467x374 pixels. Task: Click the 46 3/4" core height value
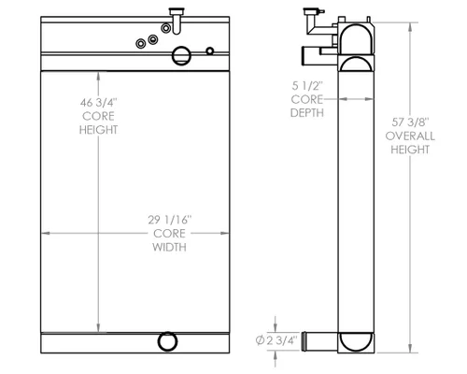(98, 102)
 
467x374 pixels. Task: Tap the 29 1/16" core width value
(169, 220)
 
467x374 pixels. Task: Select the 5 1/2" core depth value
(307, 86)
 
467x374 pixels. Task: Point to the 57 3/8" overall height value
(410, 122)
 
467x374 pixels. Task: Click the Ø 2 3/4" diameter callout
(276, 340)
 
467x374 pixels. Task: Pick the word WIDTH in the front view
(169, 247)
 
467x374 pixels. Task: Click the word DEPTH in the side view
(307, 112)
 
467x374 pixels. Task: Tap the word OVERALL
(410, 136)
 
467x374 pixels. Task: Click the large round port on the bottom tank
(167, 341)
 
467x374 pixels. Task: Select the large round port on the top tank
(181, 56)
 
